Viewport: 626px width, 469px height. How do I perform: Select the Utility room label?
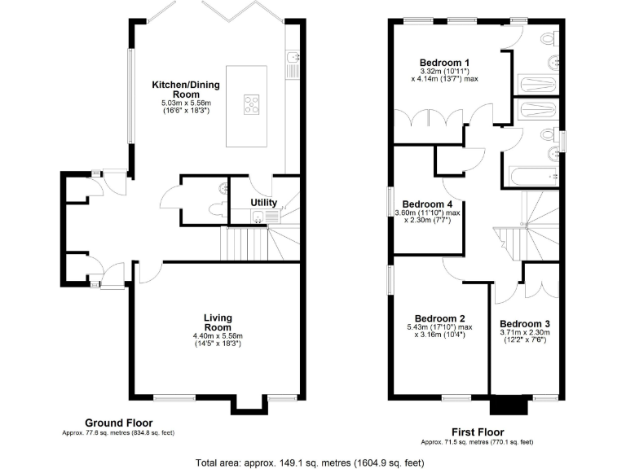coord(263,202)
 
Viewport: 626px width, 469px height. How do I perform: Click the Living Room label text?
coord(218,322)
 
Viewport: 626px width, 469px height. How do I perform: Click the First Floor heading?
coord(477,432)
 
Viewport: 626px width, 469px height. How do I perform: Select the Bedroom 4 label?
coord(427,204)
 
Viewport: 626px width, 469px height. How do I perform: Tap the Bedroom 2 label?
coord(439,318)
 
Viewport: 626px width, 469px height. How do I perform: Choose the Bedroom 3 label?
coord(525,323)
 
